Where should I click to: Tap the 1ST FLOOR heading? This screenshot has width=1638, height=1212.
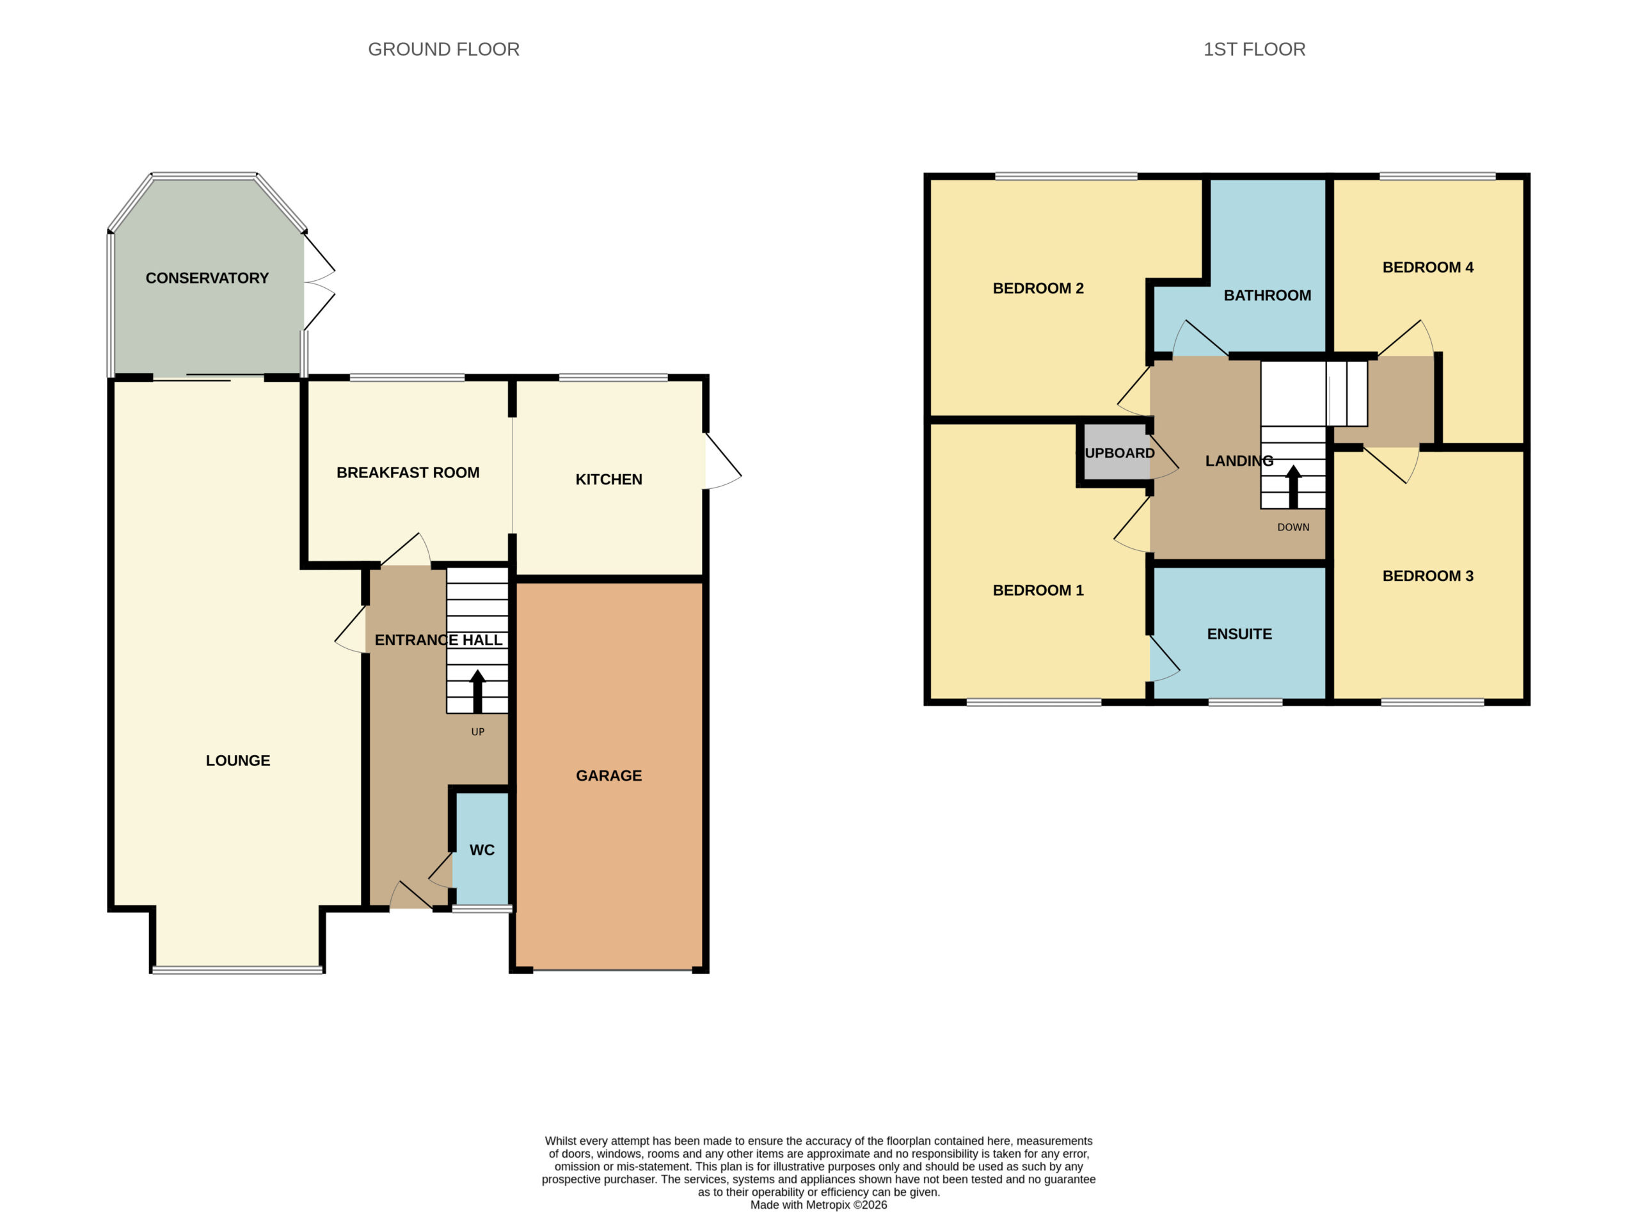[x=1253, y=49]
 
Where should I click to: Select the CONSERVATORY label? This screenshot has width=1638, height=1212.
[x=207, y=278]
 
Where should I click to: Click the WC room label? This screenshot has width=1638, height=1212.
[x=481, y=850]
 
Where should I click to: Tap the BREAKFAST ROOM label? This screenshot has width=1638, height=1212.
[x=408, y=472]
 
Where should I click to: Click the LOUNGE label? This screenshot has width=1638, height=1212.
[x=237, y=761]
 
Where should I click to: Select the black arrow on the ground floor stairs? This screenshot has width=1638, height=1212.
[x=477, y=691]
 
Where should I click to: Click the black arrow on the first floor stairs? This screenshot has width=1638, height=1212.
[x=1293, y=486]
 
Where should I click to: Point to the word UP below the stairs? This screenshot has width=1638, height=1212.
[x=477, y=731]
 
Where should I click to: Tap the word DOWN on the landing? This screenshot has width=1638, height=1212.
[x=1293, y=527]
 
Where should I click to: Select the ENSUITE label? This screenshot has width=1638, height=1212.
[x=1239, y=634]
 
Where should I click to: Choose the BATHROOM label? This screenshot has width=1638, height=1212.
[x=1267, y=295]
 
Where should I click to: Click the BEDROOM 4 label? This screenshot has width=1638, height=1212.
[x=1427, y=267]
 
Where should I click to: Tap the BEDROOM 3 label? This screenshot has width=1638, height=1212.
[x=1427, y=576]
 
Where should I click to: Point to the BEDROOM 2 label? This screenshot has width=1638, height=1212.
[x=1038, y=289]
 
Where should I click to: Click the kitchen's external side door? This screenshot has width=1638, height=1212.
[x=722, y=461]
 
